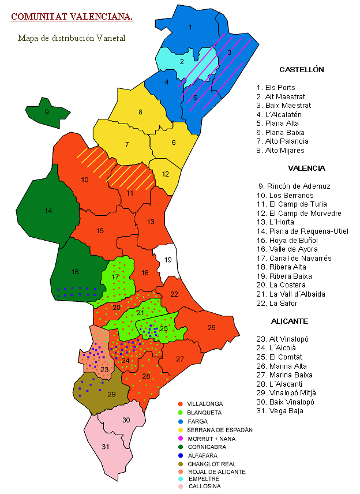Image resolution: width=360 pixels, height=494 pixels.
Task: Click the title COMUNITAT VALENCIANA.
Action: coord(72,17)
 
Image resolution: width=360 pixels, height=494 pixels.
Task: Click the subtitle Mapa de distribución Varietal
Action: coord(72,38)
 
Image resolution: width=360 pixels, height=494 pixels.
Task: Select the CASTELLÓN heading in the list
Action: coord(301,70)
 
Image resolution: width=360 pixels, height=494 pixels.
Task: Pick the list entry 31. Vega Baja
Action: coord(280,411)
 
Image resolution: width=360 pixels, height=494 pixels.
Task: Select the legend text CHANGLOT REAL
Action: coord(212,463)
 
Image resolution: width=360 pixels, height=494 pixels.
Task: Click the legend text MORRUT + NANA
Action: coord(212,439)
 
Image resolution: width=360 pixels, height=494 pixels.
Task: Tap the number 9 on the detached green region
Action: coord(47,112)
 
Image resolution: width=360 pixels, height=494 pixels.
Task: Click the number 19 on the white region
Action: coord(168,260)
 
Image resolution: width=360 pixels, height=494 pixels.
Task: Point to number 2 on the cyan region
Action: coord(182,62)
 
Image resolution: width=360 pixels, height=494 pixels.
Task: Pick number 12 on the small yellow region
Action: coord(166,174)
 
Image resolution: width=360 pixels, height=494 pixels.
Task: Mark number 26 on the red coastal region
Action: coord(211,328)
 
